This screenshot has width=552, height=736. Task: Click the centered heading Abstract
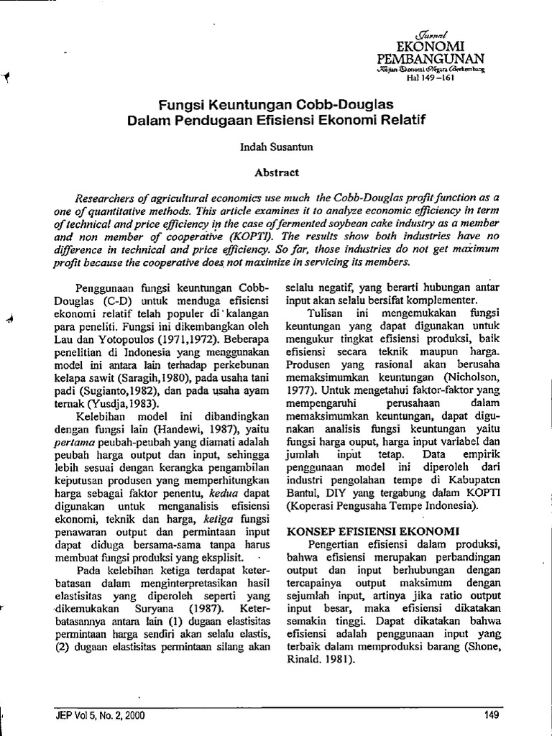(x=276, y=172)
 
